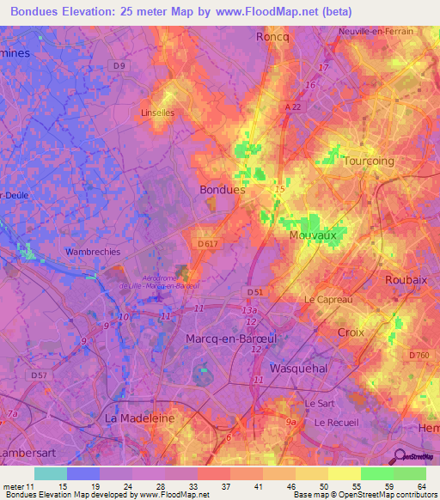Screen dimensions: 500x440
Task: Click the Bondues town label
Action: pyautogui.click(x=222, y=190)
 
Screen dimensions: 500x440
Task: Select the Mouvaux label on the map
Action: pyautogui.click(x=313, y=233)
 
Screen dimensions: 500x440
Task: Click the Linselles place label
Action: pyautogui.click(x=156, y=113)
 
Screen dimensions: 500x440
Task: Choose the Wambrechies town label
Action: pyautogui.click(x=94, y=253)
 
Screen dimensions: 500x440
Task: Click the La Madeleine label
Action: pyautogui.click(x=139, y=418)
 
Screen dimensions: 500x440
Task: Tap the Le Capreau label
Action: pyautogui.click(x=328, y=299)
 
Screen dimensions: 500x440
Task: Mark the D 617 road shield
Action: pyautogui.click(x=206, y=245)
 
